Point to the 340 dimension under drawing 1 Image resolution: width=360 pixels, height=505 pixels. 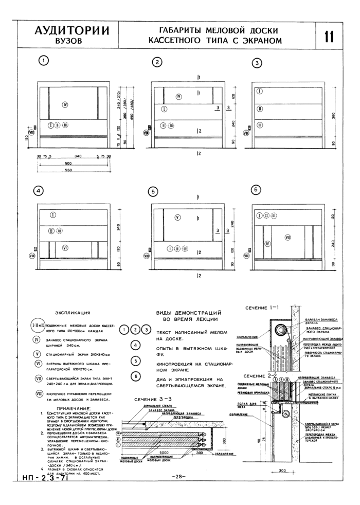coord(78,155)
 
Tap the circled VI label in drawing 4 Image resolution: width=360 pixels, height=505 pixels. coord(65,248)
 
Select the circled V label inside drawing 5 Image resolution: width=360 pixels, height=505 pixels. coord(177,218)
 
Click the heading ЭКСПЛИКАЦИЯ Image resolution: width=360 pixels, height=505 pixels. coord(73,312)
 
